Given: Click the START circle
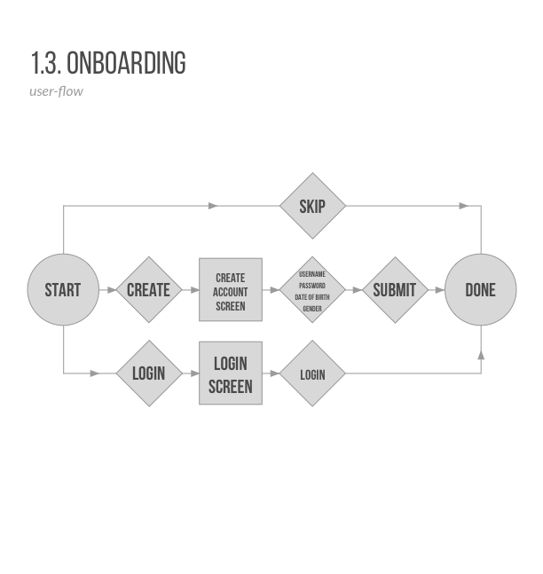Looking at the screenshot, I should pos(62,290).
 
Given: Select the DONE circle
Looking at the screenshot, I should pos(480,290).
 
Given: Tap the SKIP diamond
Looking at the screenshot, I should pos(312,207).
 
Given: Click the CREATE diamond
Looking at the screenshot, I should pos(148,290).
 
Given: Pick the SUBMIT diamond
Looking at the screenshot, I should pos(394,290).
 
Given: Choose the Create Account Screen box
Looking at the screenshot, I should pos(231,290).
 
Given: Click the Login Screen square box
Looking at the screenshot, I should pos(231,373).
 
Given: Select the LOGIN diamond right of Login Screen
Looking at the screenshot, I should pos(312,374).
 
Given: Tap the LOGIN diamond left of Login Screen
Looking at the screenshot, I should pos(148,373).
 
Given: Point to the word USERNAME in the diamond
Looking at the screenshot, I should pos(312,274).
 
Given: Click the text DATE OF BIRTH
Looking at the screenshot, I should pos(312,297).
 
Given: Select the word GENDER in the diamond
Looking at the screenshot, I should pos(312,309).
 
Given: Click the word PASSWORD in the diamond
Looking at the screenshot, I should pos(312,286).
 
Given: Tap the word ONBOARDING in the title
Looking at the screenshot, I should pos(126,64).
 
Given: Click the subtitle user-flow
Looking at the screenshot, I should pos(56,90).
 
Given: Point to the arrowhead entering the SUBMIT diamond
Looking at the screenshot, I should pos(357,290).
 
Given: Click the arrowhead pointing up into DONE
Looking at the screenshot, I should pos(481,354).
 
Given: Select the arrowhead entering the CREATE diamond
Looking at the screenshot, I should pos(112,290).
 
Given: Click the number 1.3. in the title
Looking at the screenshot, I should pos(45,64).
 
